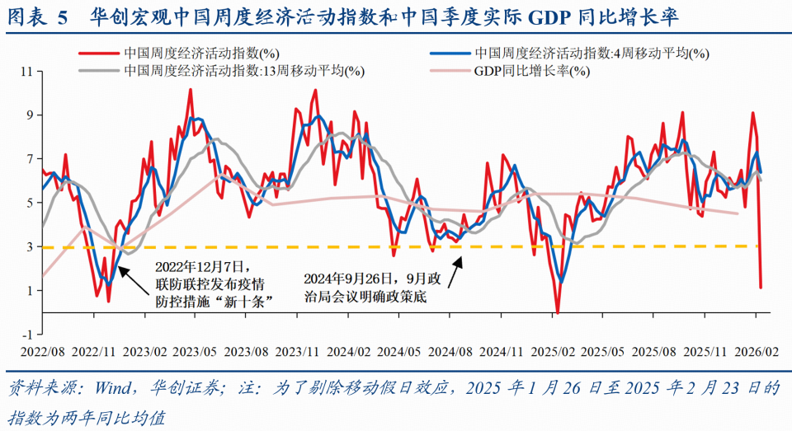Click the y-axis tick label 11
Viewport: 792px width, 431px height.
(x=26, y=72)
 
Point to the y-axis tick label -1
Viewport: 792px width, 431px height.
(x=26, y=335)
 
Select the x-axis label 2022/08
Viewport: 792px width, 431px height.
(x=42, y=350)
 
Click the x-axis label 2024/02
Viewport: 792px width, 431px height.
(x=348, y=350)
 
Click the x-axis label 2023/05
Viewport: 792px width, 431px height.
(x=196, y=350)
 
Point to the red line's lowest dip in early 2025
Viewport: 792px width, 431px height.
(x=558, y=312)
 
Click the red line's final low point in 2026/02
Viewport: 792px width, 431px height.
(x=760, y=288)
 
